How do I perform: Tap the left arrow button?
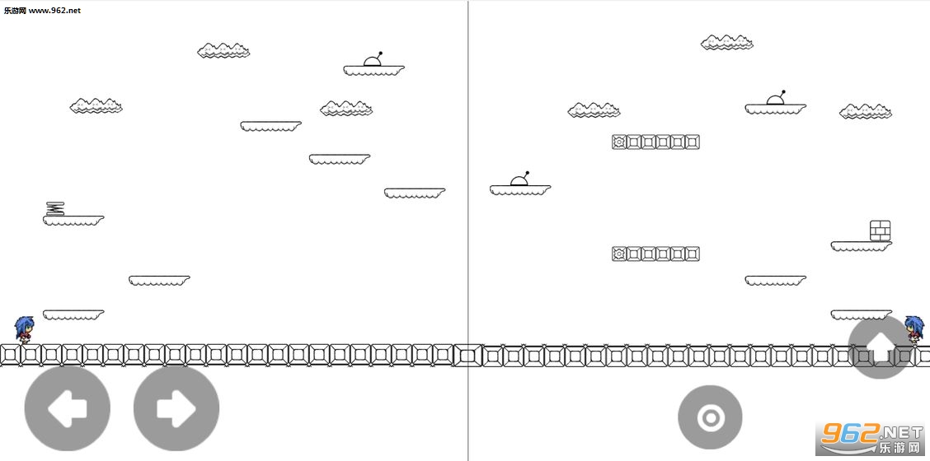(x=67, y=408)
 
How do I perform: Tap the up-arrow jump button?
(x=881, y=347)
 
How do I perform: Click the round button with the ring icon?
(x=710, y=417)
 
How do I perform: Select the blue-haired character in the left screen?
(x=25, y=330)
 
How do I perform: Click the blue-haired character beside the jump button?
(x=914, y=330)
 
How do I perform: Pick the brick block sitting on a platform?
(x=881, y=230)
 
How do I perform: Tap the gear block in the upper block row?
(x=619, y=142)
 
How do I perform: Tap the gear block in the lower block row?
(x=619, y=254)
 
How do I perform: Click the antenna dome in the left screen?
(x=373, y=59)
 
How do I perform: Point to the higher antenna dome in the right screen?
(x=776, y=98)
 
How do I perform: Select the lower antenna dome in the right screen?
(x=520, y=179)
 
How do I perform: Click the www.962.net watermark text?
(x=54, y=10)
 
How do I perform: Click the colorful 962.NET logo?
(x=870, y=438)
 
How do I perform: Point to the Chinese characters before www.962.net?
(x=15, y=10)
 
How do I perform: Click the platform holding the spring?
(x=73, y=221)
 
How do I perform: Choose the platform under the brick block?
(x=862, y=246)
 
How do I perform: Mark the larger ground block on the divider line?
(x=467, y=356)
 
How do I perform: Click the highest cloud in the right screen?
(x=727, y=42)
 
